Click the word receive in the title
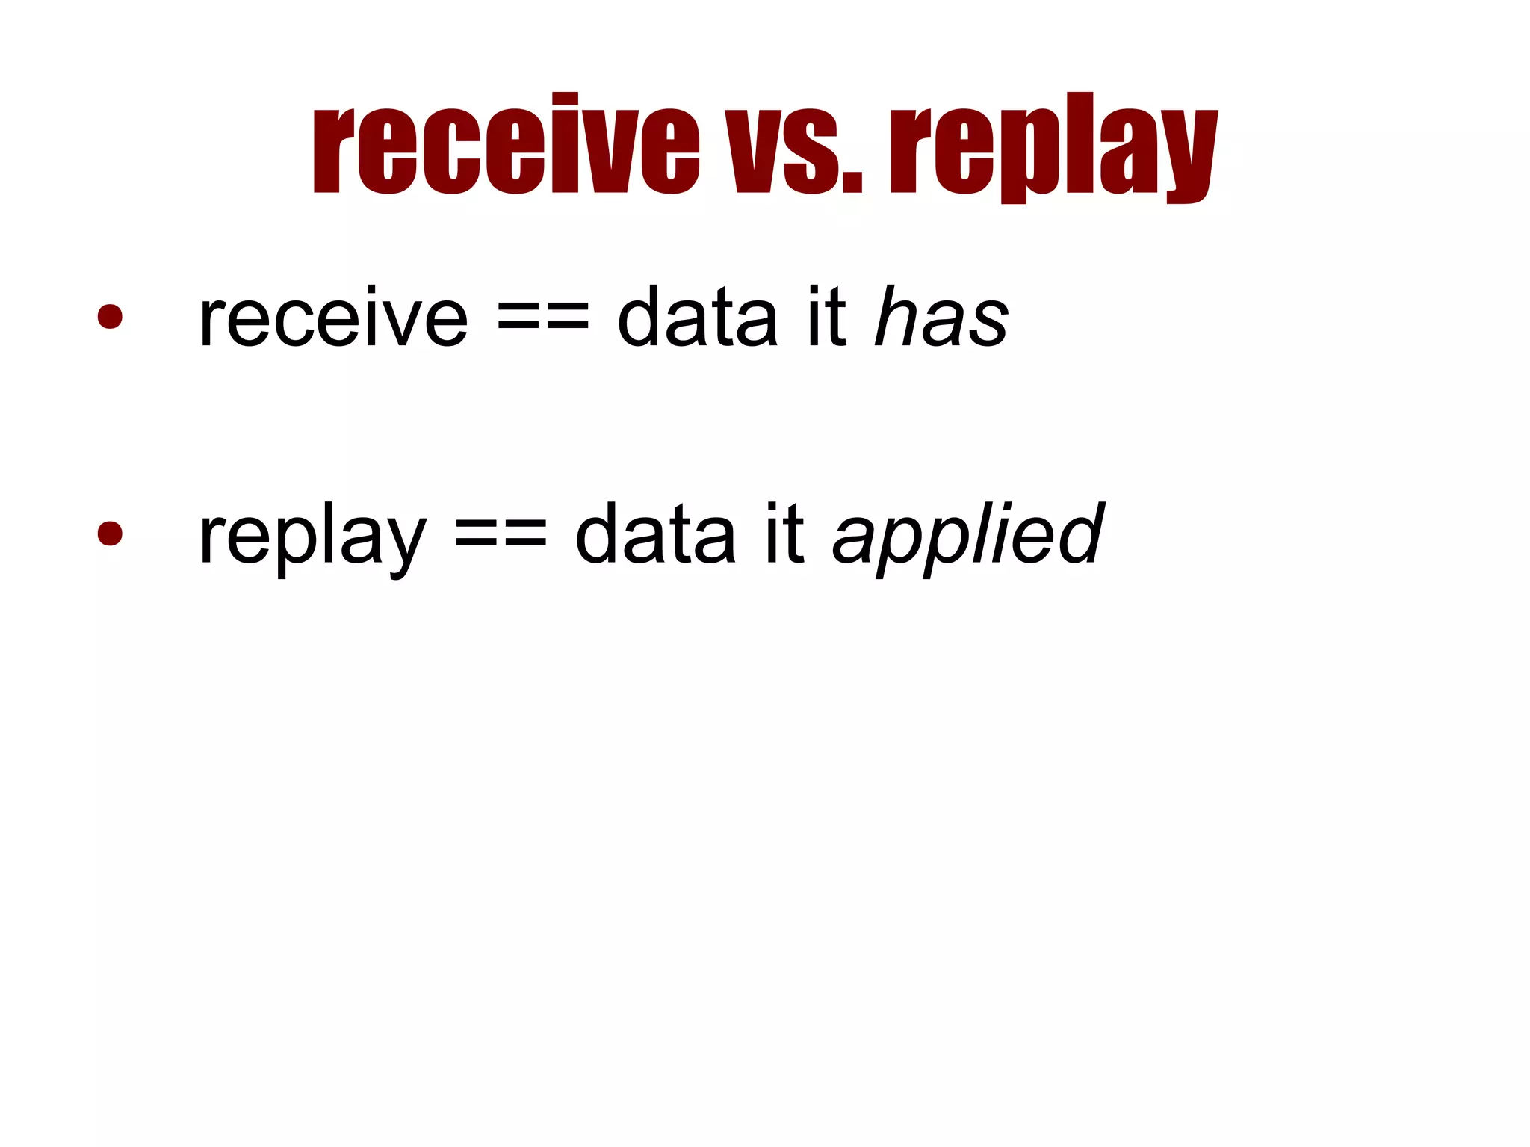point(506,146)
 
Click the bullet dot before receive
point(110,316)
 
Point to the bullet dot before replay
point(110,533)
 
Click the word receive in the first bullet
point(333,319)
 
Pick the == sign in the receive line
point(542,319)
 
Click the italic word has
point(942,319)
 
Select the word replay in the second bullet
point(312,536)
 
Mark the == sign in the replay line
point(501,536)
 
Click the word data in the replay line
point(655,536)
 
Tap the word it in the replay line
point(784,536)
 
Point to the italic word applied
point(968,536)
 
